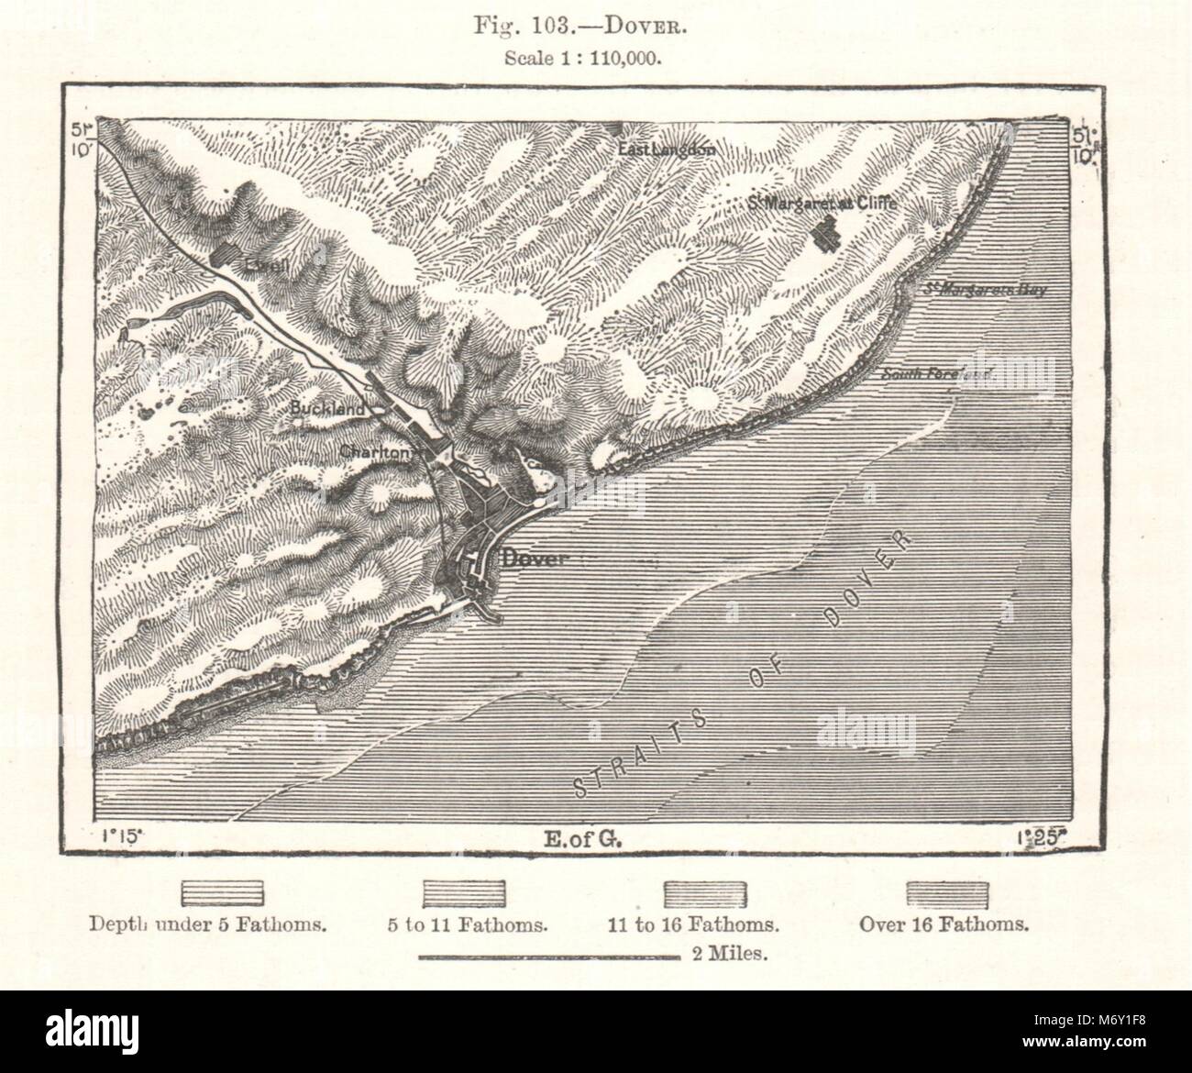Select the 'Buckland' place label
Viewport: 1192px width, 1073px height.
(x=316, y=408)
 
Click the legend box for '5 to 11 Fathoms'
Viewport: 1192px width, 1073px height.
(x=464, y=891)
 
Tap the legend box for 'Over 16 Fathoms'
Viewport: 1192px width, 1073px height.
(x=947, y=891)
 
